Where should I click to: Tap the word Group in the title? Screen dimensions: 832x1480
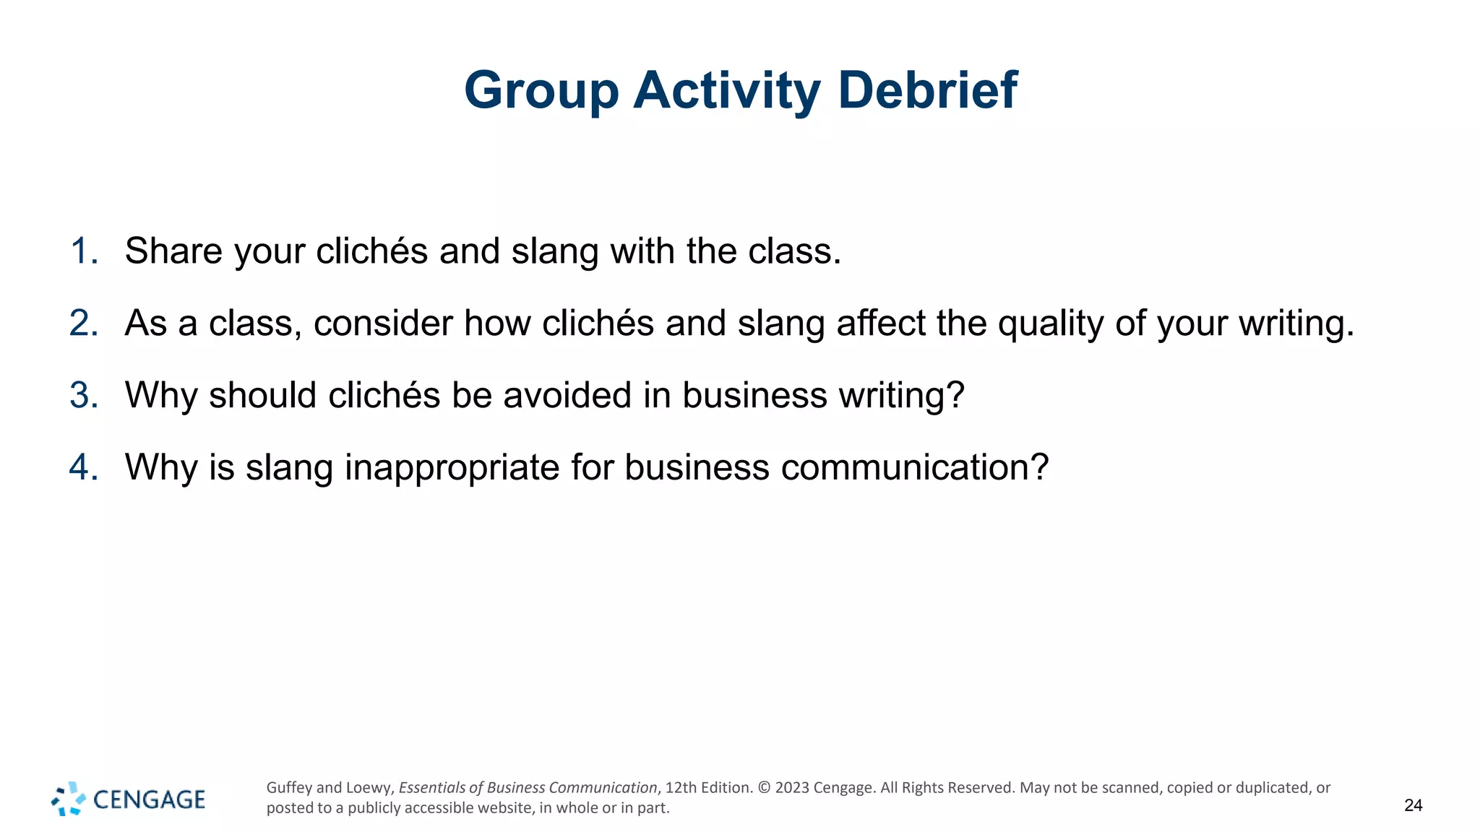(541, 92)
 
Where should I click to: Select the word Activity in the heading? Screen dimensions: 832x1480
(727, 92)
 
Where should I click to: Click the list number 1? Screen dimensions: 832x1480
(84, 251)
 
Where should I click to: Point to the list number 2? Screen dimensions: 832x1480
(84, 323)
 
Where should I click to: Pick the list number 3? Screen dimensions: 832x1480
(84, 395)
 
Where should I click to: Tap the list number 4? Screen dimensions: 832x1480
(84, 467)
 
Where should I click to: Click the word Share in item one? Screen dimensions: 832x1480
(173, 251)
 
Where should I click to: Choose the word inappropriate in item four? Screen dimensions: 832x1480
(452, 468)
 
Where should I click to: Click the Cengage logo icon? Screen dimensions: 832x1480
(69, 799)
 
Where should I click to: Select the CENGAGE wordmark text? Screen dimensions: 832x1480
(150, 799)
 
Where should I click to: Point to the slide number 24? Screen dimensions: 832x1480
(1413, 805)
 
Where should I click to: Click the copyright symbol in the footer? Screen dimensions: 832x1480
(764, 788)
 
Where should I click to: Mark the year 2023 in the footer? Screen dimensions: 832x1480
(792, 788)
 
